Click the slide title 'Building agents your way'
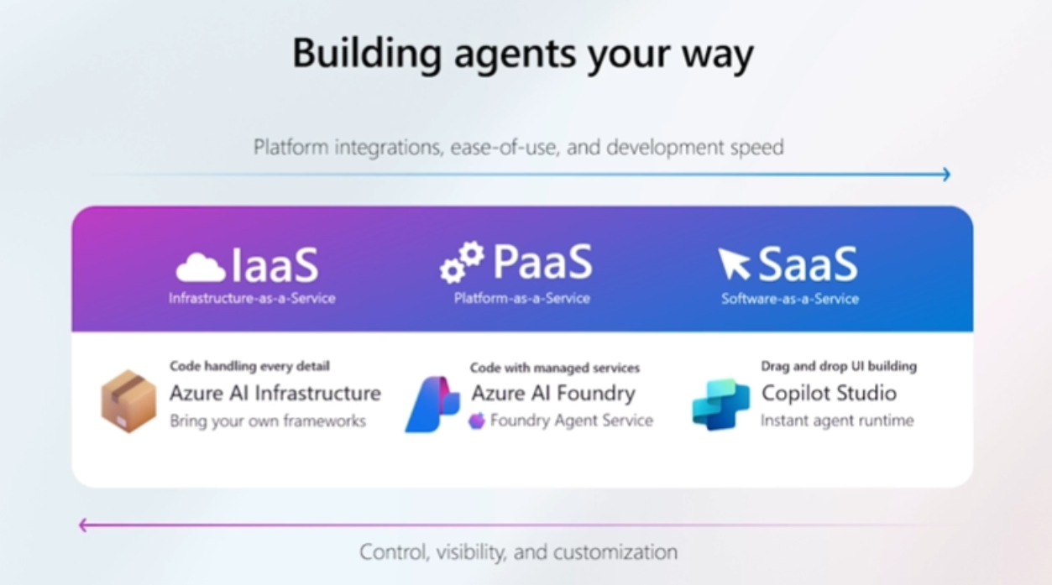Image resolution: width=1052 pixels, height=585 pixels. click(523, 54)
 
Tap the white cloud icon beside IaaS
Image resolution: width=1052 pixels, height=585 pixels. click(201, 268)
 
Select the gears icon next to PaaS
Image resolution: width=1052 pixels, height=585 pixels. click(463, 262)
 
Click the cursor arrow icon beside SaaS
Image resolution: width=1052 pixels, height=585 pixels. click(734, 264)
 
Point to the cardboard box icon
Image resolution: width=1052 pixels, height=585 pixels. click(128, 402)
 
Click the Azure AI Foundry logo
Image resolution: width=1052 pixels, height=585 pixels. click(432, 405)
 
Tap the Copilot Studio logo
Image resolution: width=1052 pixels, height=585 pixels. click(720, 405)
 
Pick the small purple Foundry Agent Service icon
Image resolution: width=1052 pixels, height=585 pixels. click(477, 420)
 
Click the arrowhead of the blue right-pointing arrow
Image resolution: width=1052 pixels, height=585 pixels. click(946, 175)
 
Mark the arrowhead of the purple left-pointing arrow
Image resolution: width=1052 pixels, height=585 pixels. click(83, 525)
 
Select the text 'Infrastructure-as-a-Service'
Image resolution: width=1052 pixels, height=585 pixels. click(252, 298)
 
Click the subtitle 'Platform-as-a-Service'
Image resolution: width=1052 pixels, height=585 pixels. click(521, 298)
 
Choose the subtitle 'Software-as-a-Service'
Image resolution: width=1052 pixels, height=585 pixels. click(790, 298)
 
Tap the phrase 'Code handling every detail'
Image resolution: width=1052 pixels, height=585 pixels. click(249, 366)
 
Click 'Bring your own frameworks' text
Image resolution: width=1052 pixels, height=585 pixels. click(268, 420)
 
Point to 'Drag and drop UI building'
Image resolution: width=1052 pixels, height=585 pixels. click(839, 366)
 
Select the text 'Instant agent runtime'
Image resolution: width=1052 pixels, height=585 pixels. click(837, 420)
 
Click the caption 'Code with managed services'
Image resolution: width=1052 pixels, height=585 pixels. click(554, 368)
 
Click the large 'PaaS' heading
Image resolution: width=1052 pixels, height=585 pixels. click(542, 262)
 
